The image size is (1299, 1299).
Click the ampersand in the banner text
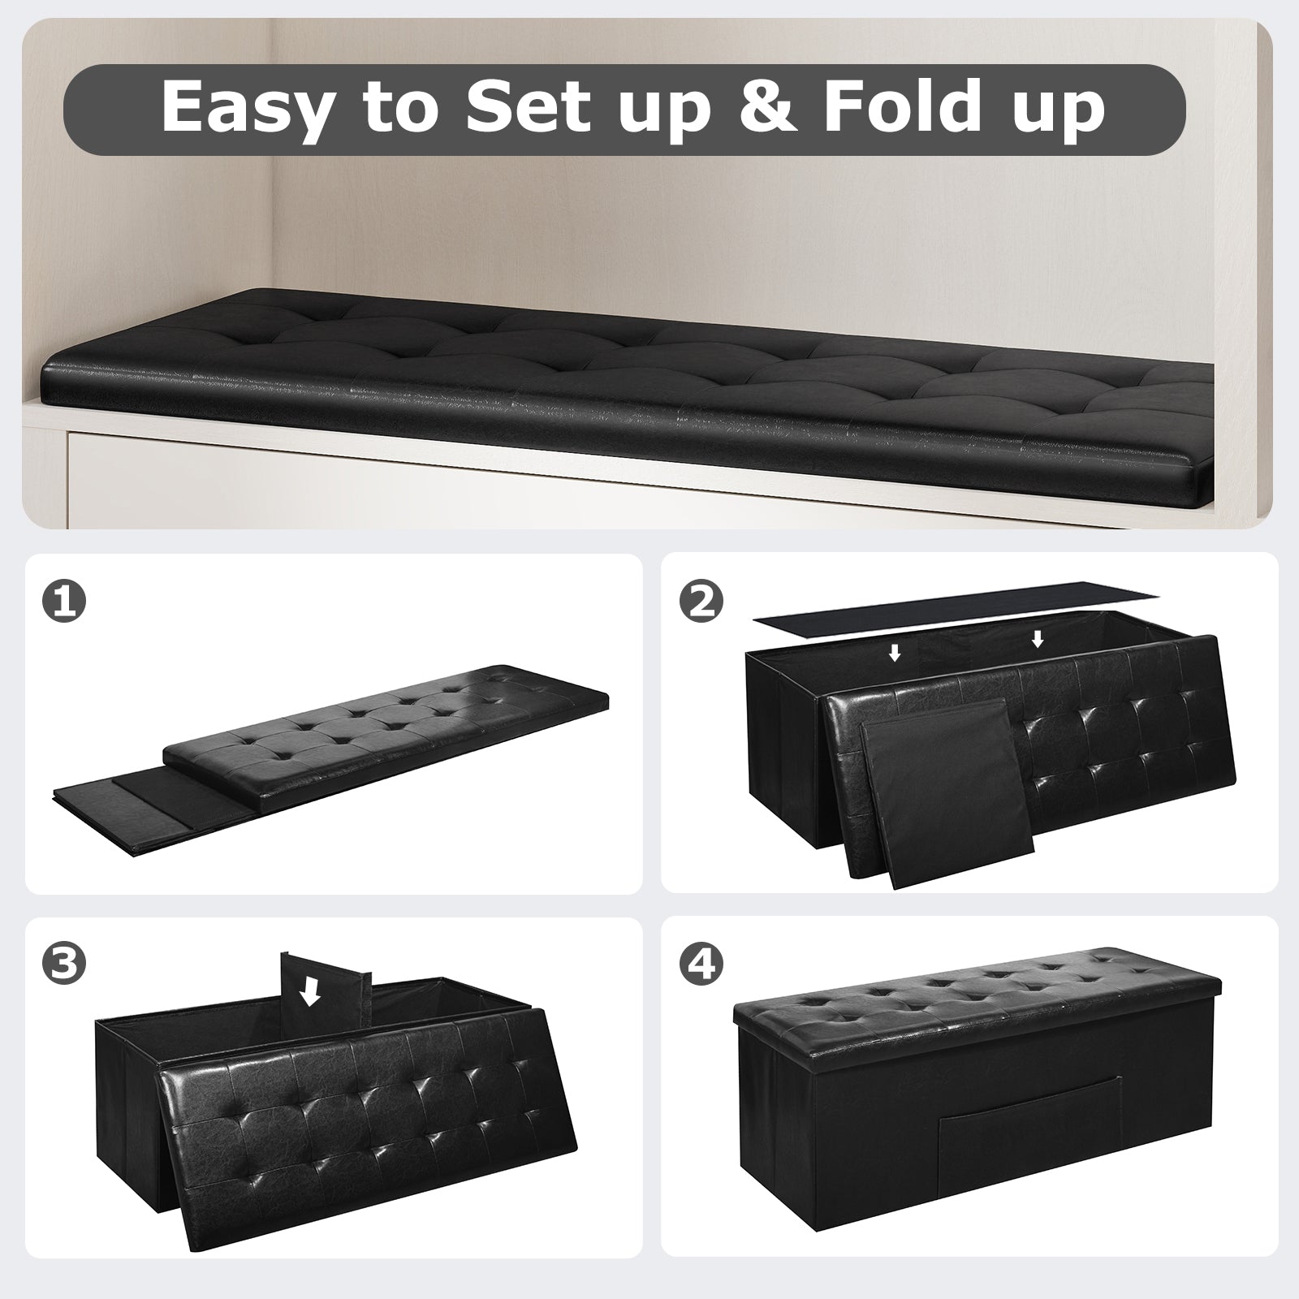click(x=770, y=107)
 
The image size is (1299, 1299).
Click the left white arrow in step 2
click(x=895, y=653)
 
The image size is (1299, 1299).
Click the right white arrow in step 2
click(x=1037, y=641)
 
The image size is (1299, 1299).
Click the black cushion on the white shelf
click(x=617, y=382)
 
